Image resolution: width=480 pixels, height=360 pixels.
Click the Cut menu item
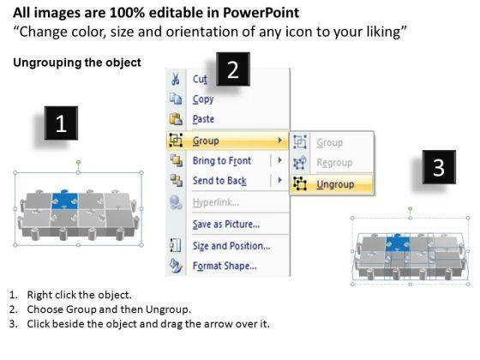200,79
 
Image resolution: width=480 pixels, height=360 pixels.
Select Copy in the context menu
203,99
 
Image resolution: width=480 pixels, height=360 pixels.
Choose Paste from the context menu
203,119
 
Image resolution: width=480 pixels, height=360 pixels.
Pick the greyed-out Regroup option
334,163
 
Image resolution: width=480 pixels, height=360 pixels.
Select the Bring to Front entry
222,160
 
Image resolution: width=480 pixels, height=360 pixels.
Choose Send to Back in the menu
219,181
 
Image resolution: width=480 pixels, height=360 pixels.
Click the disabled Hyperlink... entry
216,202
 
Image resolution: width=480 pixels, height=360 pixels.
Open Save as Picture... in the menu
226,225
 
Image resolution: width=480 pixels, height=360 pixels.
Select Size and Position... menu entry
231,246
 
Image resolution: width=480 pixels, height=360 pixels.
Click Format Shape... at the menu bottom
225,266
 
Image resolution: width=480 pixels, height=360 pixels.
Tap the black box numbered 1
61,123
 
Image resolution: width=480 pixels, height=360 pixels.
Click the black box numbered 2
233,69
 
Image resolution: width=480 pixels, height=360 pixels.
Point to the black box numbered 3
439,167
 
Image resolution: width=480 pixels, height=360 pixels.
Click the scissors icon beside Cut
176,79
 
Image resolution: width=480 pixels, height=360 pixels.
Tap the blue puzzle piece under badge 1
65,201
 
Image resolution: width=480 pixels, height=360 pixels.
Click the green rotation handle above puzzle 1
78,162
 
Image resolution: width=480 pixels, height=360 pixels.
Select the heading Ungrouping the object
77,63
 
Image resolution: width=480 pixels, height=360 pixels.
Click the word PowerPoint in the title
261,13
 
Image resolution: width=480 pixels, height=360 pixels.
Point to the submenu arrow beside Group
279,141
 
